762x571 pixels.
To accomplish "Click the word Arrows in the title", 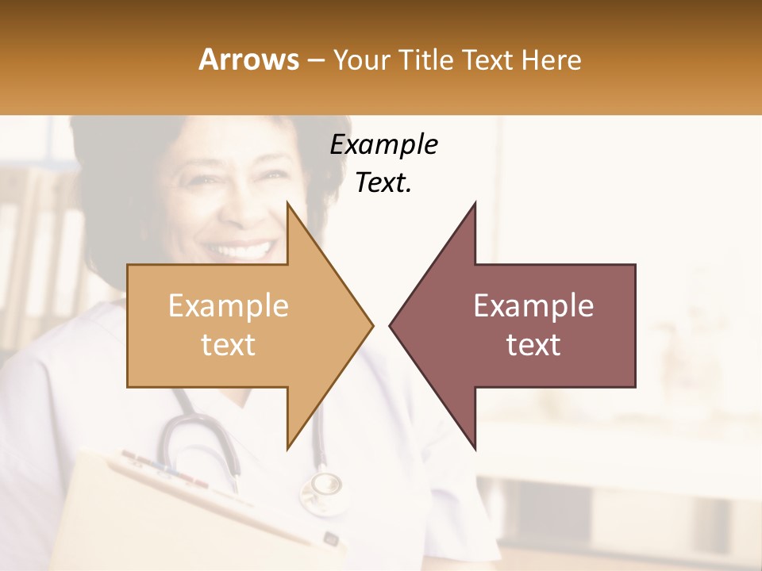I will click(249, 59).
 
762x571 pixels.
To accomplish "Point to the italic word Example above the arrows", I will click(383, 145).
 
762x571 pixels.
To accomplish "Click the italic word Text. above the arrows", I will click(383, 183).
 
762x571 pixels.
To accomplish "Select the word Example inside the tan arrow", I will click(229, 306).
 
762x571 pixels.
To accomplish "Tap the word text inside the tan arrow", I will click(229, 344).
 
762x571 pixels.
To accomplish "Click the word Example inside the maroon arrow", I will click(533, 306).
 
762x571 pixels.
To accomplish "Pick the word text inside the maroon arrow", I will click(533, 344).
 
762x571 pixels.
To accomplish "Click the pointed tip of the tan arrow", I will click(371, 325).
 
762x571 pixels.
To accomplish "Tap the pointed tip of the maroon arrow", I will click(391, 325).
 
